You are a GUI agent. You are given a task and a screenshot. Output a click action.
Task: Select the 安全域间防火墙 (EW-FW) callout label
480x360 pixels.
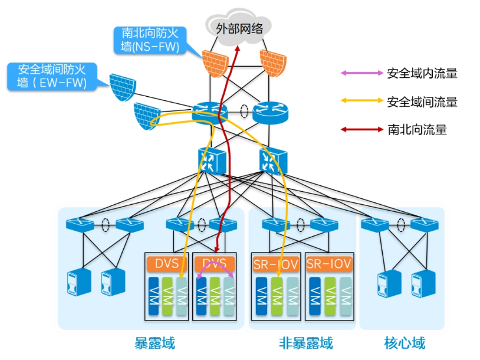pyautogui.click(x=52, y=77)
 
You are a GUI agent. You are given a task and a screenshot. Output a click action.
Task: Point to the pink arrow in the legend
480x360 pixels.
pyautogui.click(x=361, y=73)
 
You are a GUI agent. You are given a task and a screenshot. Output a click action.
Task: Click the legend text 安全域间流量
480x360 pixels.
pyautogui.click(x=422, y=102)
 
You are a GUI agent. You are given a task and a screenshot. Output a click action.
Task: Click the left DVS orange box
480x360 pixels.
pyautogui.click(x=167, y=263)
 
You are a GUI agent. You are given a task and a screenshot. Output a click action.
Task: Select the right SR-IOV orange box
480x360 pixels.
pyautogui.click(x=330, y=263)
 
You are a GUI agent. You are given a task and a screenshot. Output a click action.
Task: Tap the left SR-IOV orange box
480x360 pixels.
pyautogui.click(x=276, y=263)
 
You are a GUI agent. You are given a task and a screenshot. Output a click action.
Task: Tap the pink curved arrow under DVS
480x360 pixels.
pyautogui.click(x=215, y=269)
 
